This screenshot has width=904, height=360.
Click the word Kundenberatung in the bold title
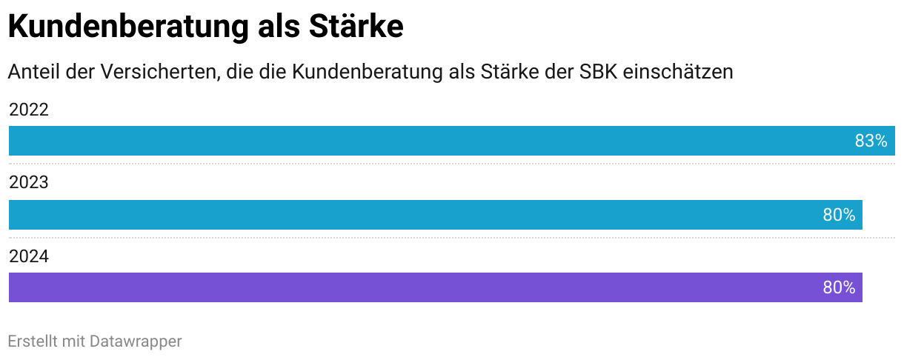click(126, 27)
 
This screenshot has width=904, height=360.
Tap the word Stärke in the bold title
click(355, 27)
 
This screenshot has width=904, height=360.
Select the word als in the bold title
click(276, 27)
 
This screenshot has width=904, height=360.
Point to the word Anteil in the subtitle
click(32, 72)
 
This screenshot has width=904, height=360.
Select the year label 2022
click(28, 110)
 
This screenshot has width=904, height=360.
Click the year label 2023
click(28, 183)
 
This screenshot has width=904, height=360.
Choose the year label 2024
click(28, 256)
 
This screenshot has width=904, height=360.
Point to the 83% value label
click(871, 141)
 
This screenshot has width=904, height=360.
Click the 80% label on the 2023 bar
click(839, 215)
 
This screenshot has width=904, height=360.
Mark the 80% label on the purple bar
click(839, 287)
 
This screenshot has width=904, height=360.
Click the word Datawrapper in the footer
click(136, 341)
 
